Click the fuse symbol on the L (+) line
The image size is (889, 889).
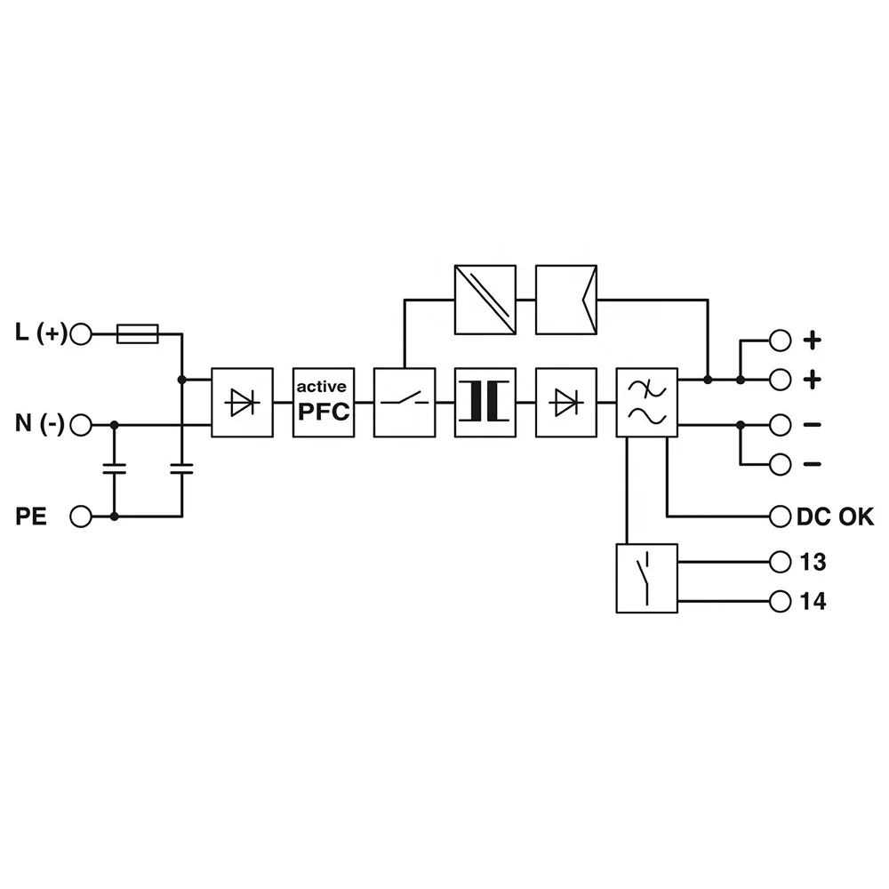click(x=138, y=334)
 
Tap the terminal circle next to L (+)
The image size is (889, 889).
click(x=81, y=334)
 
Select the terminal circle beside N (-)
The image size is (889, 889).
click(x=81, y=425)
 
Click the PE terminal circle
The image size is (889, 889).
click(x=81, y=516)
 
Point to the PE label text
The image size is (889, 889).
click(x=30, y=516)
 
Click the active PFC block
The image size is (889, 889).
click(x=324, y=402)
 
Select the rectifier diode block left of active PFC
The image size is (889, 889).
click(x=242, y=402)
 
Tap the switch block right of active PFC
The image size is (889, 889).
click(x=404, y=402)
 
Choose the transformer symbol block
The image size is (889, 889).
click(x=485, y=402)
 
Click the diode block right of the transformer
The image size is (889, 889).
click(x=566, y=402)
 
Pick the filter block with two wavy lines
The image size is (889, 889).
click(x=647, y=402)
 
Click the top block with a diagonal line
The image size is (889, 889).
click(x=485, y=300)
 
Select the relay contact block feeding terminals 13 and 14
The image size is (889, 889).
click(x=646, y=578)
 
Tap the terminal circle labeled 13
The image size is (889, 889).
click(x=781, y=562)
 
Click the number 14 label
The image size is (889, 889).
click(x=812, y=602)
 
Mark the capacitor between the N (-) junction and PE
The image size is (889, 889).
click(x=114, y=470)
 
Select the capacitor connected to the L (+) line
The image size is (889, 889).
click(x=181, y=470)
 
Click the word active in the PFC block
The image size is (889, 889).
click(x=323, y=387)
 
